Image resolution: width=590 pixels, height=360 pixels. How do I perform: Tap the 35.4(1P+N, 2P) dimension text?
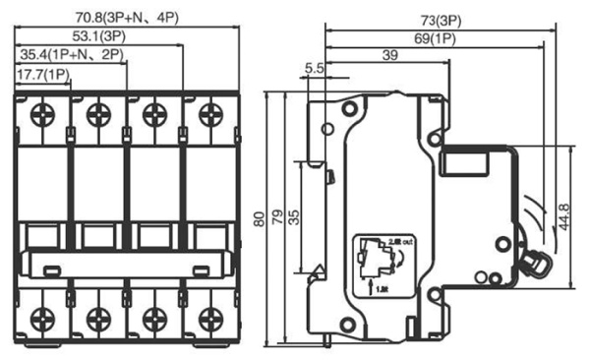click(69, 53)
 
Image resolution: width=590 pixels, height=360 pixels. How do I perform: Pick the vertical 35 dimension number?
click(294, 214)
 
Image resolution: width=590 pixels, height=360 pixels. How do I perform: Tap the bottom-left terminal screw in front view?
click(42, 317)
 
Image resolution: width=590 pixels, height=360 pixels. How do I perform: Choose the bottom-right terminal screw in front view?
click(208, 317)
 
